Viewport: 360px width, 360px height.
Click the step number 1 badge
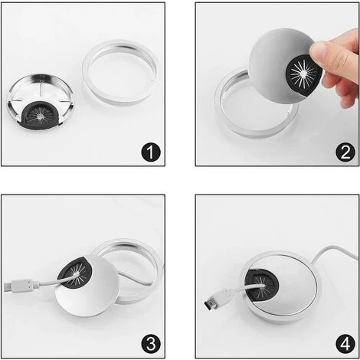click(151, 152)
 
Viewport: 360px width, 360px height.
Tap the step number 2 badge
click(345, 152)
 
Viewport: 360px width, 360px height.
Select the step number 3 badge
click(151, 344)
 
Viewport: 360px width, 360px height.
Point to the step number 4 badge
click(345, 344)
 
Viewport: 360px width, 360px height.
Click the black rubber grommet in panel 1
click(41, 116)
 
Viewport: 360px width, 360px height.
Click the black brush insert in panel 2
click(304, 74)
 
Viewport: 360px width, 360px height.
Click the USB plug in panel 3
click(22, 286)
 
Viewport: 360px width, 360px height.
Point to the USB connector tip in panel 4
click(208, 304)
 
